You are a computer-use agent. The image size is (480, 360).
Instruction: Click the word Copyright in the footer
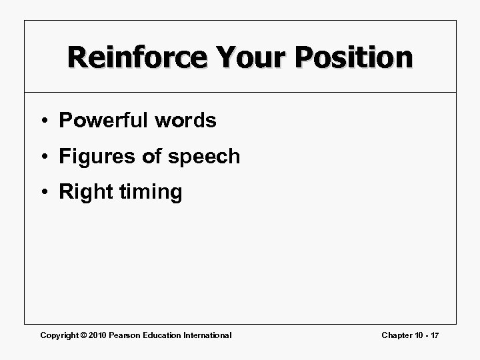[60, 335]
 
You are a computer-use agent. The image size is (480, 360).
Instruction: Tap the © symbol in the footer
[87, 335]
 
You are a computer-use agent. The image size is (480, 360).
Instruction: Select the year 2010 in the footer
[101, 335]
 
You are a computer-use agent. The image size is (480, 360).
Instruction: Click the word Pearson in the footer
[129, 335]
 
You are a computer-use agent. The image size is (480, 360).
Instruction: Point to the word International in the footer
[208, 335]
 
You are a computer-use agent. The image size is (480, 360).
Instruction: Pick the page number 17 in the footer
[435, 335]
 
